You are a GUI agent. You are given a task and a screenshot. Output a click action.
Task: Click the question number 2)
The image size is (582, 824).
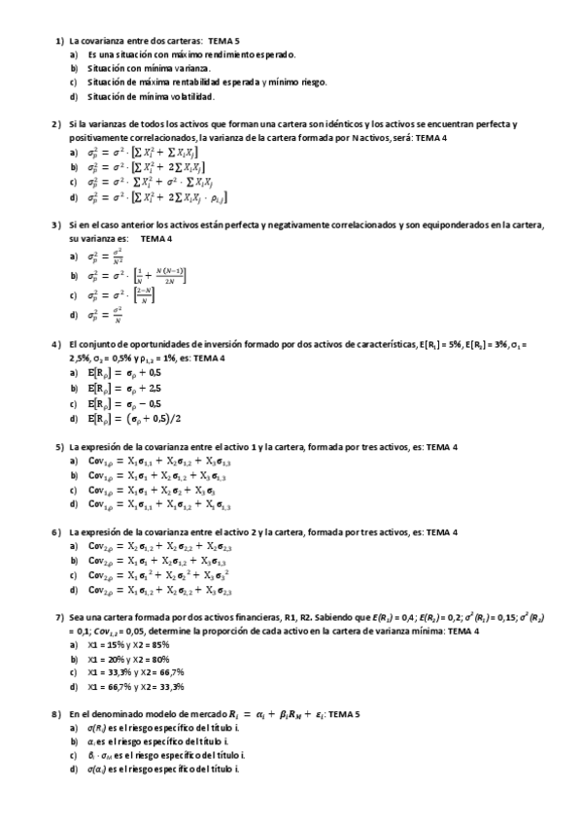(56, 125)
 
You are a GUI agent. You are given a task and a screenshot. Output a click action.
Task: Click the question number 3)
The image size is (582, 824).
(56, 225)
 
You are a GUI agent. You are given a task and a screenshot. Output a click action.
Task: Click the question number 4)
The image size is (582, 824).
(56, 344)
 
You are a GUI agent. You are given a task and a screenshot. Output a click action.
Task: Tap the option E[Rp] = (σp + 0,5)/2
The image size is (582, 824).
(136, 419)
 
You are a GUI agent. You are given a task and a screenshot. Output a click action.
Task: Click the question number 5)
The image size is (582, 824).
(59, 446)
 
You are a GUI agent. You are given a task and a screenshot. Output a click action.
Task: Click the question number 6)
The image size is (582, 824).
(59, 532)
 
